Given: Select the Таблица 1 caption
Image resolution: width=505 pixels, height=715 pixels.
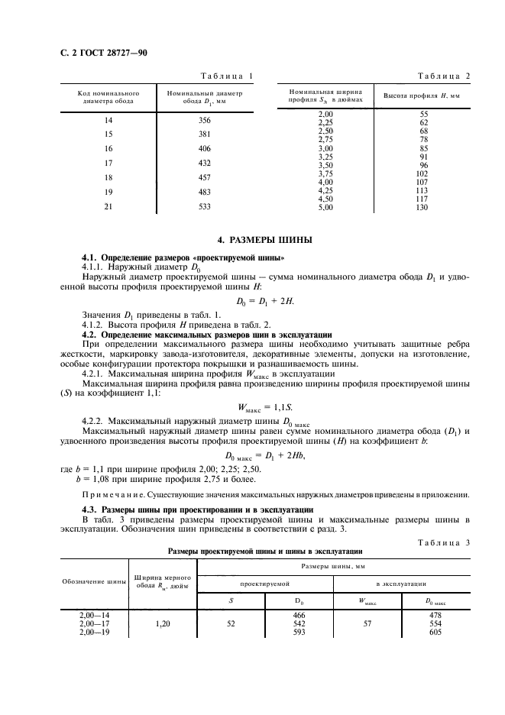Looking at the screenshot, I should coord(226,75).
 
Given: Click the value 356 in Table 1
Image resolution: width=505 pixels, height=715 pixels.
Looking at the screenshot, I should coord(204,120).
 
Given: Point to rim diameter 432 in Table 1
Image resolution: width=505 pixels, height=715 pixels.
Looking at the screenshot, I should coord(204,163).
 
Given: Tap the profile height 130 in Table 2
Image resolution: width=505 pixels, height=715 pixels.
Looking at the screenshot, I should coord(423,207).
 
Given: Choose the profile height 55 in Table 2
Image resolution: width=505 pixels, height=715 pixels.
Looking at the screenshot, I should coord(423,114).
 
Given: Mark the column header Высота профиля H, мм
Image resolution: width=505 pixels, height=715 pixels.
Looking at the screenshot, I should coord(421,96).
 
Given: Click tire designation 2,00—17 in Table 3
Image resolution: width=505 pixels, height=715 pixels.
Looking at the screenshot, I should coord(96,624).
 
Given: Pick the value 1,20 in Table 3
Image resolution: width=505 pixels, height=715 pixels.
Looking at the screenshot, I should coord(161,624).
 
